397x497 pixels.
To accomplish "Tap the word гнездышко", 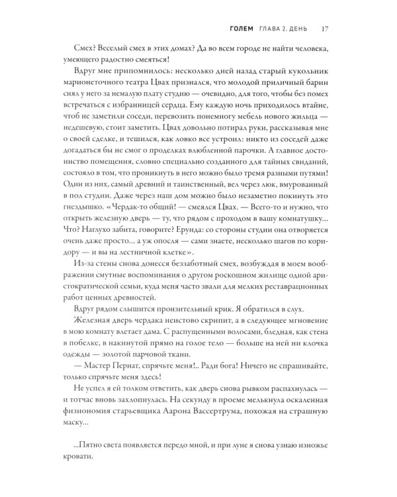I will point(90,235).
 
